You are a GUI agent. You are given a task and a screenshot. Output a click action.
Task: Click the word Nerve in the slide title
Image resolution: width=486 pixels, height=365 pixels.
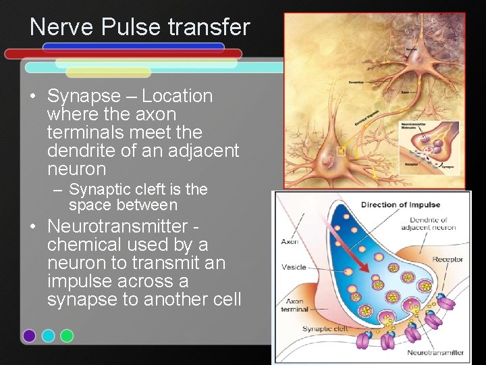(61, 28)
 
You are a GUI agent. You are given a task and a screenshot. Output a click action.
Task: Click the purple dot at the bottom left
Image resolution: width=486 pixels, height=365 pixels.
(29, 335)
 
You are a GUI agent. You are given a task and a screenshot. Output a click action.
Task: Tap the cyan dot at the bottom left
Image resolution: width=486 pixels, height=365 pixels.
(48, 335)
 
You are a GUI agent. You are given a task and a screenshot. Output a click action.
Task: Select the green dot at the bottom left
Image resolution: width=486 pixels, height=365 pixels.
(67, 335)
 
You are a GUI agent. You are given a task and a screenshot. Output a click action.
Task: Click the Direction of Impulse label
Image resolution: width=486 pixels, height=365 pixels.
(400, 205)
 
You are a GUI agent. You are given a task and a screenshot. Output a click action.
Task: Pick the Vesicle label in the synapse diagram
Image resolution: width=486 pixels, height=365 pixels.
(294, 267)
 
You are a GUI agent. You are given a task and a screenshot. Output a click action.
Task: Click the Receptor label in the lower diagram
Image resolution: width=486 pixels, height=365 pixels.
(448, 259)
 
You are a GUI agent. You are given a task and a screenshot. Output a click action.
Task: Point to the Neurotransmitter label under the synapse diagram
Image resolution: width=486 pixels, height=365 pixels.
(435, 352)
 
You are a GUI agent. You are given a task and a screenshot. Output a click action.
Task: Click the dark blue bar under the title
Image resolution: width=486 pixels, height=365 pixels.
(133, 47)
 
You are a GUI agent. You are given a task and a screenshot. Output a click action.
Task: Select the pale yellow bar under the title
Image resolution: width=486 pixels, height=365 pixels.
(108, 72)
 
